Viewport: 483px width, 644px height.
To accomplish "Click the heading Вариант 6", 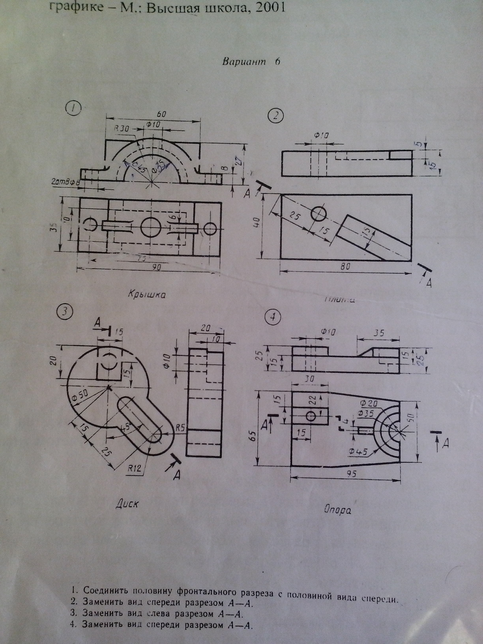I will point(251,62).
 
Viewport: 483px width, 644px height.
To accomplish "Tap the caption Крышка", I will point(147,294).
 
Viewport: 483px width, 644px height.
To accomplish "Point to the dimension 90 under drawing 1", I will point(157,267).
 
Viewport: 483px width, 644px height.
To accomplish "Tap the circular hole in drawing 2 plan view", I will point(318,214).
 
